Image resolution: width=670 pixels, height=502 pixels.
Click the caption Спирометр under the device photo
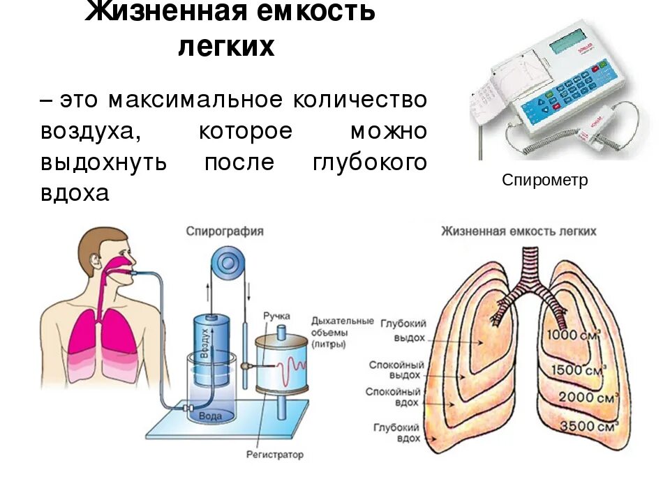pyautogui.click(x=544, y=181)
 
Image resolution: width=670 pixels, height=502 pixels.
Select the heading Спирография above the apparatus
pyautogui.click(x=224, y=231)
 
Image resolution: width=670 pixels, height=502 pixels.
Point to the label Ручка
pyautogui.click(x=276, y=316)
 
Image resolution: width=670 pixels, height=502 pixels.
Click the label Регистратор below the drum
pyautogui.click(x=275, y=455)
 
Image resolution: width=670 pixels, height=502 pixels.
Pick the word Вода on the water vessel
pyautogui.click(x=210, y=416)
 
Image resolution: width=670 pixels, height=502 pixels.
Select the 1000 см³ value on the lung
pyautogui.click(x=573, y=335)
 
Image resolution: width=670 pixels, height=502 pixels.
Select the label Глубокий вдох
pyautogui.click(x=396, y=432)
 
